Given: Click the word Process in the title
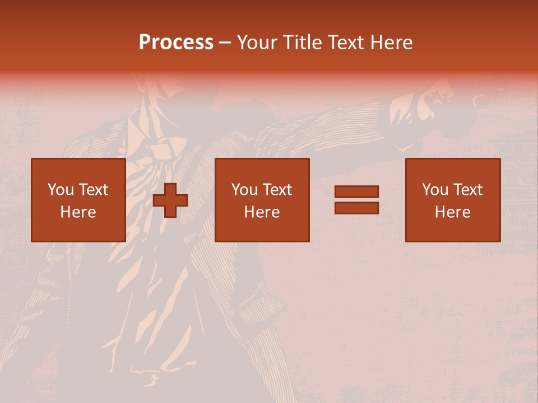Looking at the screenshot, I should tap(176, 43).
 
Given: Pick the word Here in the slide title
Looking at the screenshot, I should tap(392, 43).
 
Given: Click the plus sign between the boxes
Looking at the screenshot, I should tap(170, 200).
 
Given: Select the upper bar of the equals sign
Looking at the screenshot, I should tap(356, 192).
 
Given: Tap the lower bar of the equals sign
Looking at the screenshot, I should tap(356, 208).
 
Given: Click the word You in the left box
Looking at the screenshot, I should tap(61, 190).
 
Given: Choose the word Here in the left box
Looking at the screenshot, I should tap(78, 212).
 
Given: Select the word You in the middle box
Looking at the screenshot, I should tap(244, 190).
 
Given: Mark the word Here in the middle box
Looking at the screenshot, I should tap(262, 212).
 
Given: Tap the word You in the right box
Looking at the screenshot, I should tap(435, 190).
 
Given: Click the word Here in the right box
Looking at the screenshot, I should tap(452, 212).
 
